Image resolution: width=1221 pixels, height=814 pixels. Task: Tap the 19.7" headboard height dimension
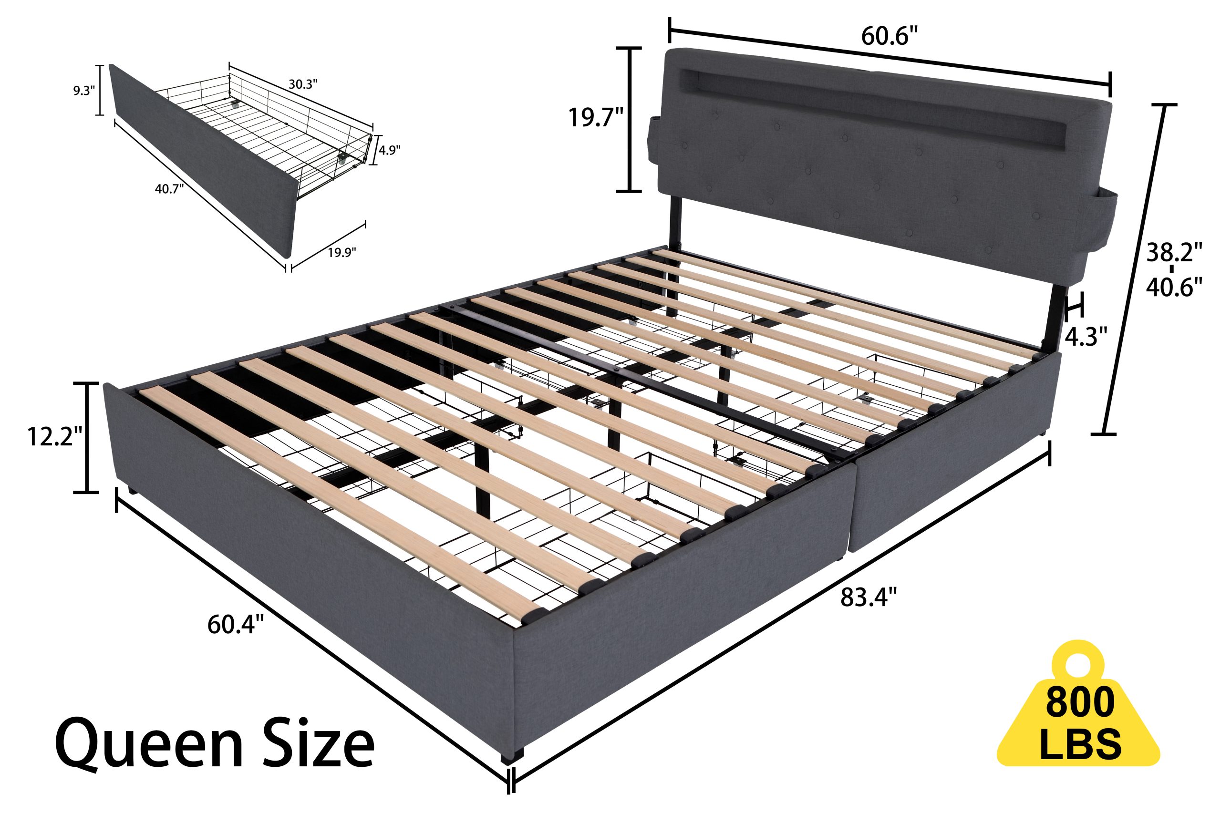pyautogui.click(x=595, y=118)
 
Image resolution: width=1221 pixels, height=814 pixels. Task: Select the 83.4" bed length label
pyautogui.click(x=869, y=598)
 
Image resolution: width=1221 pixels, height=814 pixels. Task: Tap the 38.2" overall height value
pyautogui.click(x=1174, y=253)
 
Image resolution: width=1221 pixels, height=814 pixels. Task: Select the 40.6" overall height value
pyautogui.click(x=1174, y=287)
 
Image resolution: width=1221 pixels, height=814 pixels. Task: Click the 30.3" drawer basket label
pyautogui.click(x=303, y=84)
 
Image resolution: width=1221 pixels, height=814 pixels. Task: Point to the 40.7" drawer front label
pyautogui.click(x=169, y=189)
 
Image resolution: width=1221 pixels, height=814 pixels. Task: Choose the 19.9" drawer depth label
pyautogui.click(x=342, y=253)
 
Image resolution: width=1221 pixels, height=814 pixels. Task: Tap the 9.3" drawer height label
pyautogui.click(x=83, y=91)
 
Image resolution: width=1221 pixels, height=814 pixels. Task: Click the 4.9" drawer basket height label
pyautogui.click(x=389, y=151)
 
